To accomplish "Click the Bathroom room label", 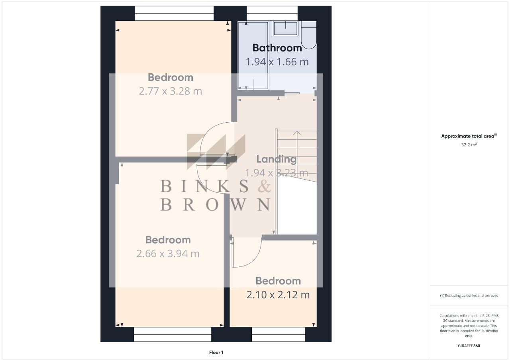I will pyautogui.click(x=277, y=48).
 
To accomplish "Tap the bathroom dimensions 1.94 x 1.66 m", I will pyautogui.click(x=277, y=62).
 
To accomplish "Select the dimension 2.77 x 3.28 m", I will pyautogui.click(x=170, y=91).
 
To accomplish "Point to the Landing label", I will pyautogui.click(x=276, y=159).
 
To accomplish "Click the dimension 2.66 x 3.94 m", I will pyautogui.click(x=168, y=254).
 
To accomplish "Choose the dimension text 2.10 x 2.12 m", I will pyautogui.click(x=278, y=295).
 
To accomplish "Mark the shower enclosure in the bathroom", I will pyautogui.click(x=253, y=56).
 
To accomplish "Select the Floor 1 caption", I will pyautogui.click(x=216, y=352).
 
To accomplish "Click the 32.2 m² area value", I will pyautogui.click(x=469, y=145).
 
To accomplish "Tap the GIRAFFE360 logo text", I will pyautogui.click(x=469, y=346).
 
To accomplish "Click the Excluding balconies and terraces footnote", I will pyautogui.click(x=469, y=295).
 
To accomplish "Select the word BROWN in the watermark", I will pyautogui.click(x=215, y=204).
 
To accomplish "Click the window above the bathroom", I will pyautogui.click(x=272, y=13).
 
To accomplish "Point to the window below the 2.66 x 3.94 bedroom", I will pyautogui.click(x=172, y=335).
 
